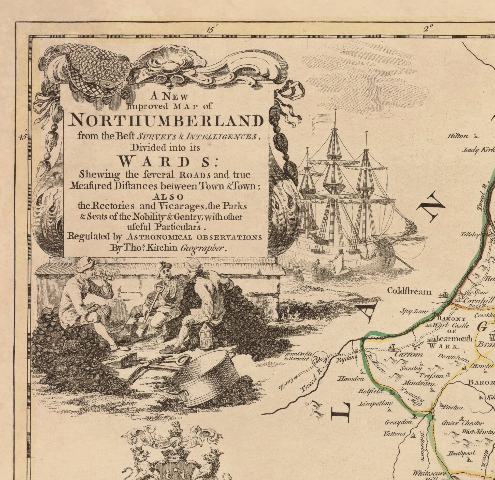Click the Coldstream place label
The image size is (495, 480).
(409, 291)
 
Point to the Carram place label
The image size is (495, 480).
(409, 355)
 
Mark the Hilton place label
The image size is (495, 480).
(457, 136)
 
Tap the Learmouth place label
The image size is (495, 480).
(454, 339)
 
